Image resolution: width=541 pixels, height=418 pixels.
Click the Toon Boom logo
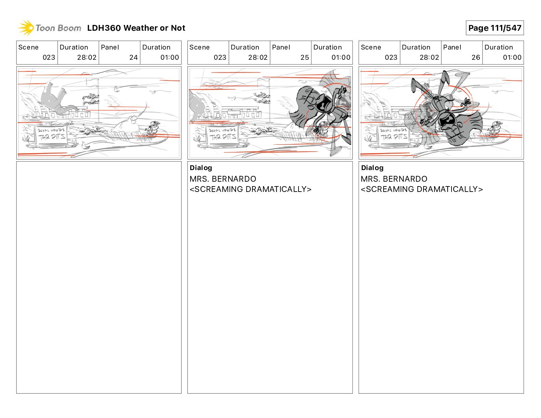[x=50, y=28]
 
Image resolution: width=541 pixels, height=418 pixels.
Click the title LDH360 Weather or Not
[x=136, y=28]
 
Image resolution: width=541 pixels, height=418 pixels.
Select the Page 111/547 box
[x=494, y=28]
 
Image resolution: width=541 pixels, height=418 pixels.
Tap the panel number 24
[x=133, y=57]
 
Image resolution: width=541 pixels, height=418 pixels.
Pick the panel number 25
[x=304, y=57]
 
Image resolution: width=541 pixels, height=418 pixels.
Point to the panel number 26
[x=475, y=57]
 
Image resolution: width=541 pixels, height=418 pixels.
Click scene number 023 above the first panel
[x=48, y=57]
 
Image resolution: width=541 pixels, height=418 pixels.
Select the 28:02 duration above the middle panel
[x=258, y=57]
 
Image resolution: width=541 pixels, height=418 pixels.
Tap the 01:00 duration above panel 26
[x=512, y=57]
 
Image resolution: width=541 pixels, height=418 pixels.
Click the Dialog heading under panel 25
[x=201, y=168]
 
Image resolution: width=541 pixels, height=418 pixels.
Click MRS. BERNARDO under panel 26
[x=394, y=179]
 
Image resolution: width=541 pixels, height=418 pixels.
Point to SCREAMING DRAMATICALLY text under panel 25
[x=250, y=189]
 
